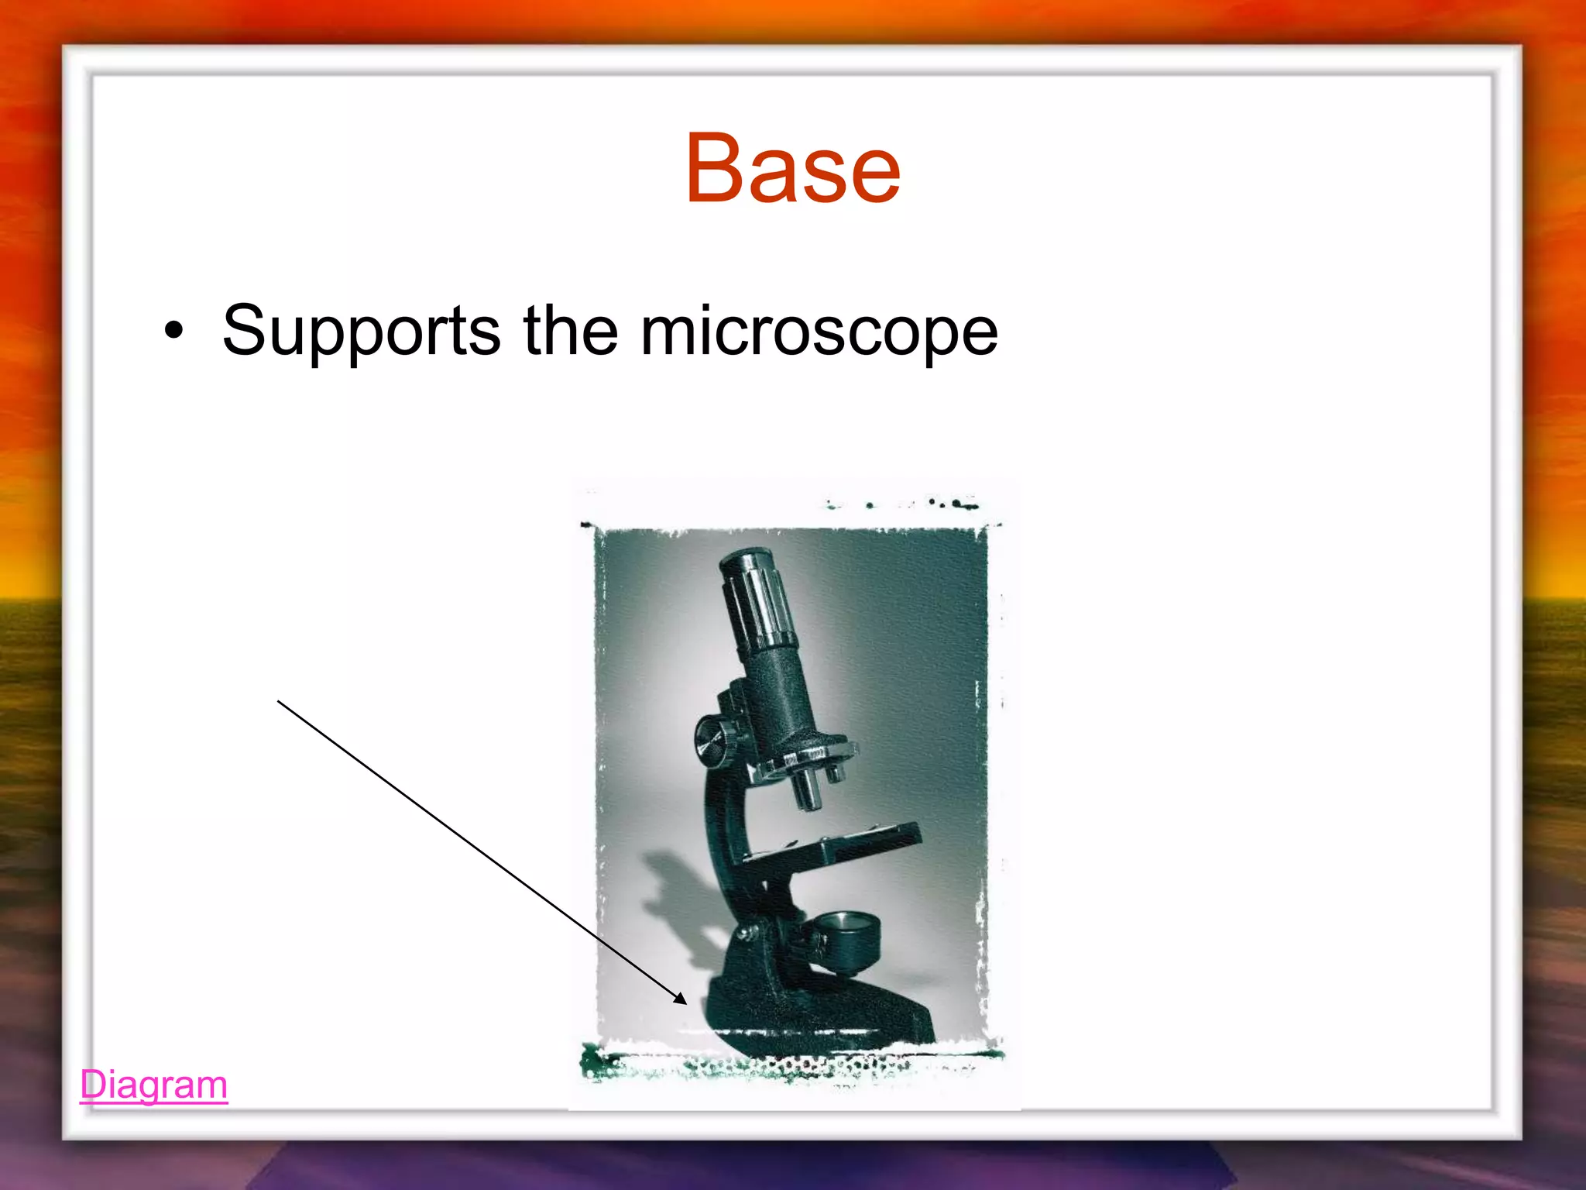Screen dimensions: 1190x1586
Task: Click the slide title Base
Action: pos(792,169)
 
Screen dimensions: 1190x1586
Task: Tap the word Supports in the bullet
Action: pos(361,332)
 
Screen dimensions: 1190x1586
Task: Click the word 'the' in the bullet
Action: pos(571,332)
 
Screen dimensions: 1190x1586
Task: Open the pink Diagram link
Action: pos(153,1085)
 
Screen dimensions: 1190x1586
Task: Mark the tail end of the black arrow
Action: pos(279,702)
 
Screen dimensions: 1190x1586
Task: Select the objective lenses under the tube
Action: pos(809,786)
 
